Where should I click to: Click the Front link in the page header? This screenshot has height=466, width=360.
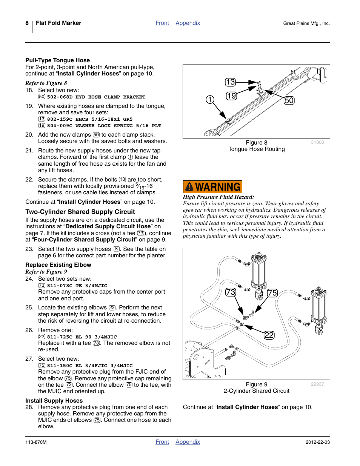[162, 23]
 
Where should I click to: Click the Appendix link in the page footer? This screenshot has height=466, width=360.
[188, 442]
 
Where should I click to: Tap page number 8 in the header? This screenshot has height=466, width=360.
[27, 23]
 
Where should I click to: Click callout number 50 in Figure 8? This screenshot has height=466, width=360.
[289, 100]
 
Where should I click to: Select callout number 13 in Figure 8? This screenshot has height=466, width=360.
[230, 82]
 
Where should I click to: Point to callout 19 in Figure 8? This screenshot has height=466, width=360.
[231, 96]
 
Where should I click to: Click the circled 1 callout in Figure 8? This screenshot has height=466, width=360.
[210, 100]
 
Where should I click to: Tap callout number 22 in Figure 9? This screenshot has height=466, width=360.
[269, 335]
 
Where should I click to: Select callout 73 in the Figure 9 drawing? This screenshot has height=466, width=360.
[231, 292]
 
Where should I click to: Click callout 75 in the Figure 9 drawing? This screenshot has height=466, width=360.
[272, 293]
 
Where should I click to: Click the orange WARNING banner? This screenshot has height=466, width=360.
[212, 187]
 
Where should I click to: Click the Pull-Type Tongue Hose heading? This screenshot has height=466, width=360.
[57, 60]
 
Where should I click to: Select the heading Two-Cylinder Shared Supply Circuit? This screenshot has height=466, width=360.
[80, 212]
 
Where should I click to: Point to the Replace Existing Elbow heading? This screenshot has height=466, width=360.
[58, 265]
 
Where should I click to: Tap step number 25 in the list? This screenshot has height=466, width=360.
[29, 308]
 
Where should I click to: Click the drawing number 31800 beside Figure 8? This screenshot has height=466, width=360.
[317, 142]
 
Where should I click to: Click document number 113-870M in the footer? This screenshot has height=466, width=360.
[36, 442]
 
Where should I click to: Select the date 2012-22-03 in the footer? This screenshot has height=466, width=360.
[317, 442]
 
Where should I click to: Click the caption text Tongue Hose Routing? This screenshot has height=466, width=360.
[256, 149]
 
